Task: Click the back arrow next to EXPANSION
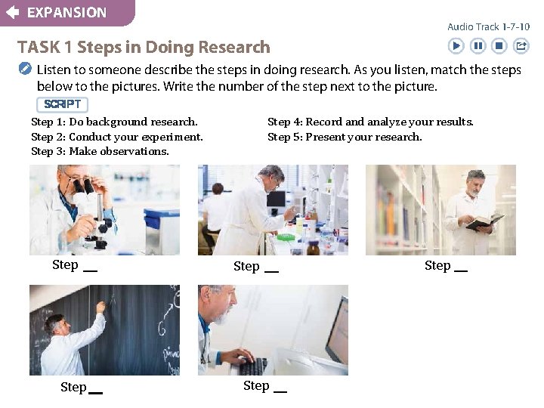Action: pyautogui.click(x=12, y=12)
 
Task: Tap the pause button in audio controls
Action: pyautogui.click(x=478, y=46)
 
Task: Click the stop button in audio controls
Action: pyautogui.click(x=499, y=46)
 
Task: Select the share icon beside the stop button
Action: pyautogui.click(x=521, y=46)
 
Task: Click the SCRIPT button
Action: pyautogui.click(x=62, y=104)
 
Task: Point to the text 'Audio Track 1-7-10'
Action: pyautogui.click(x=488, y=26)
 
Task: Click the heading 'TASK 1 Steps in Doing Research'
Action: pyautogui.click(x=144, y=47)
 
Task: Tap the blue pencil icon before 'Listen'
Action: pyautogui.click(x=25, y=70)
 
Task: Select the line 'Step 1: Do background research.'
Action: pyautogui.click(x=114, y=122)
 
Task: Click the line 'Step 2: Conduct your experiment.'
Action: pyautogui.click(x=117, y=137)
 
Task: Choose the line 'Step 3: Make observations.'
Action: pyautogui.click(x=100, y=151)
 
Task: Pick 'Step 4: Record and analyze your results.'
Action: pyautogui.click(x=370, y=122)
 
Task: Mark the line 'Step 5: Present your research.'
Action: pyautogui.click(x=345, y=137)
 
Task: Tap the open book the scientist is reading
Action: pyautogui.click(x=484, y=221)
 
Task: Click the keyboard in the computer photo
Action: pyautogui.click(x=253, y=366)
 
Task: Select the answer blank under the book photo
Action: pyautogui.click(x=460, y=269)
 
